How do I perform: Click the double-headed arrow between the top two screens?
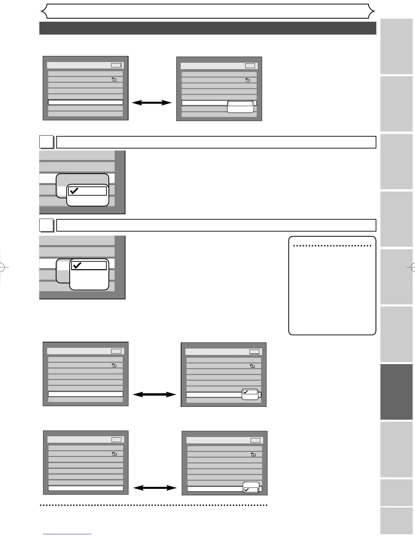[x=152, y=102]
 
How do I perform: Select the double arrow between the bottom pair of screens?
[x=155, y=488]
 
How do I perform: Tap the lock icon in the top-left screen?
[x=114, y=79]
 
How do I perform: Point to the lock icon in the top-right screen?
[x=248, y=80]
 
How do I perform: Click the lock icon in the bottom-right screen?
[x=253, y=454]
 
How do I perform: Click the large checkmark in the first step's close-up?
[x=74, y=191]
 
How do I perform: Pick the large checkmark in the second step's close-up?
[x=77, y=265]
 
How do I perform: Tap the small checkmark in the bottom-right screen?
[x=246, y=490]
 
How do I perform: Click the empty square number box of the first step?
[x=46, y=142]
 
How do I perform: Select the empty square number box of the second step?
[x=46, y=225]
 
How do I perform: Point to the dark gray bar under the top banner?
[x=207, y=28]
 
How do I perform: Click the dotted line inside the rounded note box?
[x=332, y=246]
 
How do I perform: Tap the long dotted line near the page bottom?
[x=154, y=505]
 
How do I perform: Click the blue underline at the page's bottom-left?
[x=67, y=534]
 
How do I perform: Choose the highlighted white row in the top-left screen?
[x=85, y=102]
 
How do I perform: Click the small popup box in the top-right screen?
[x=240, y=106]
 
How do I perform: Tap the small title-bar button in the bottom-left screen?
[x=116, y=439]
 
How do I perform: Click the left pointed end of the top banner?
[x=44, y=12]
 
